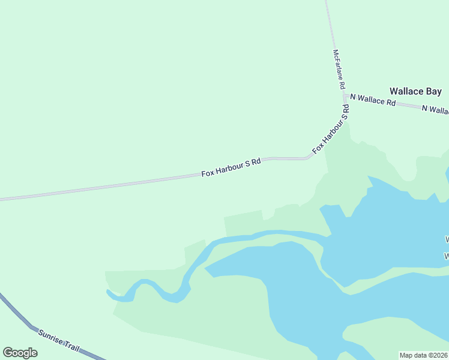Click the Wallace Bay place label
point(415,91)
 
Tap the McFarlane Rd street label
point(339,65)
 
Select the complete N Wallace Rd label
point(373,100)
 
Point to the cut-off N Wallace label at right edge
point(435,109)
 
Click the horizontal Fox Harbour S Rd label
point(231,167)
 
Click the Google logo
point(20,353)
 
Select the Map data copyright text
point(423,355)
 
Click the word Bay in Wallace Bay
point(433,91)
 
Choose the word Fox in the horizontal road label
point(208,173)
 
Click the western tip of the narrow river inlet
point(109,292)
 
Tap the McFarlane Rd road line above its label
point(330,24)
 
